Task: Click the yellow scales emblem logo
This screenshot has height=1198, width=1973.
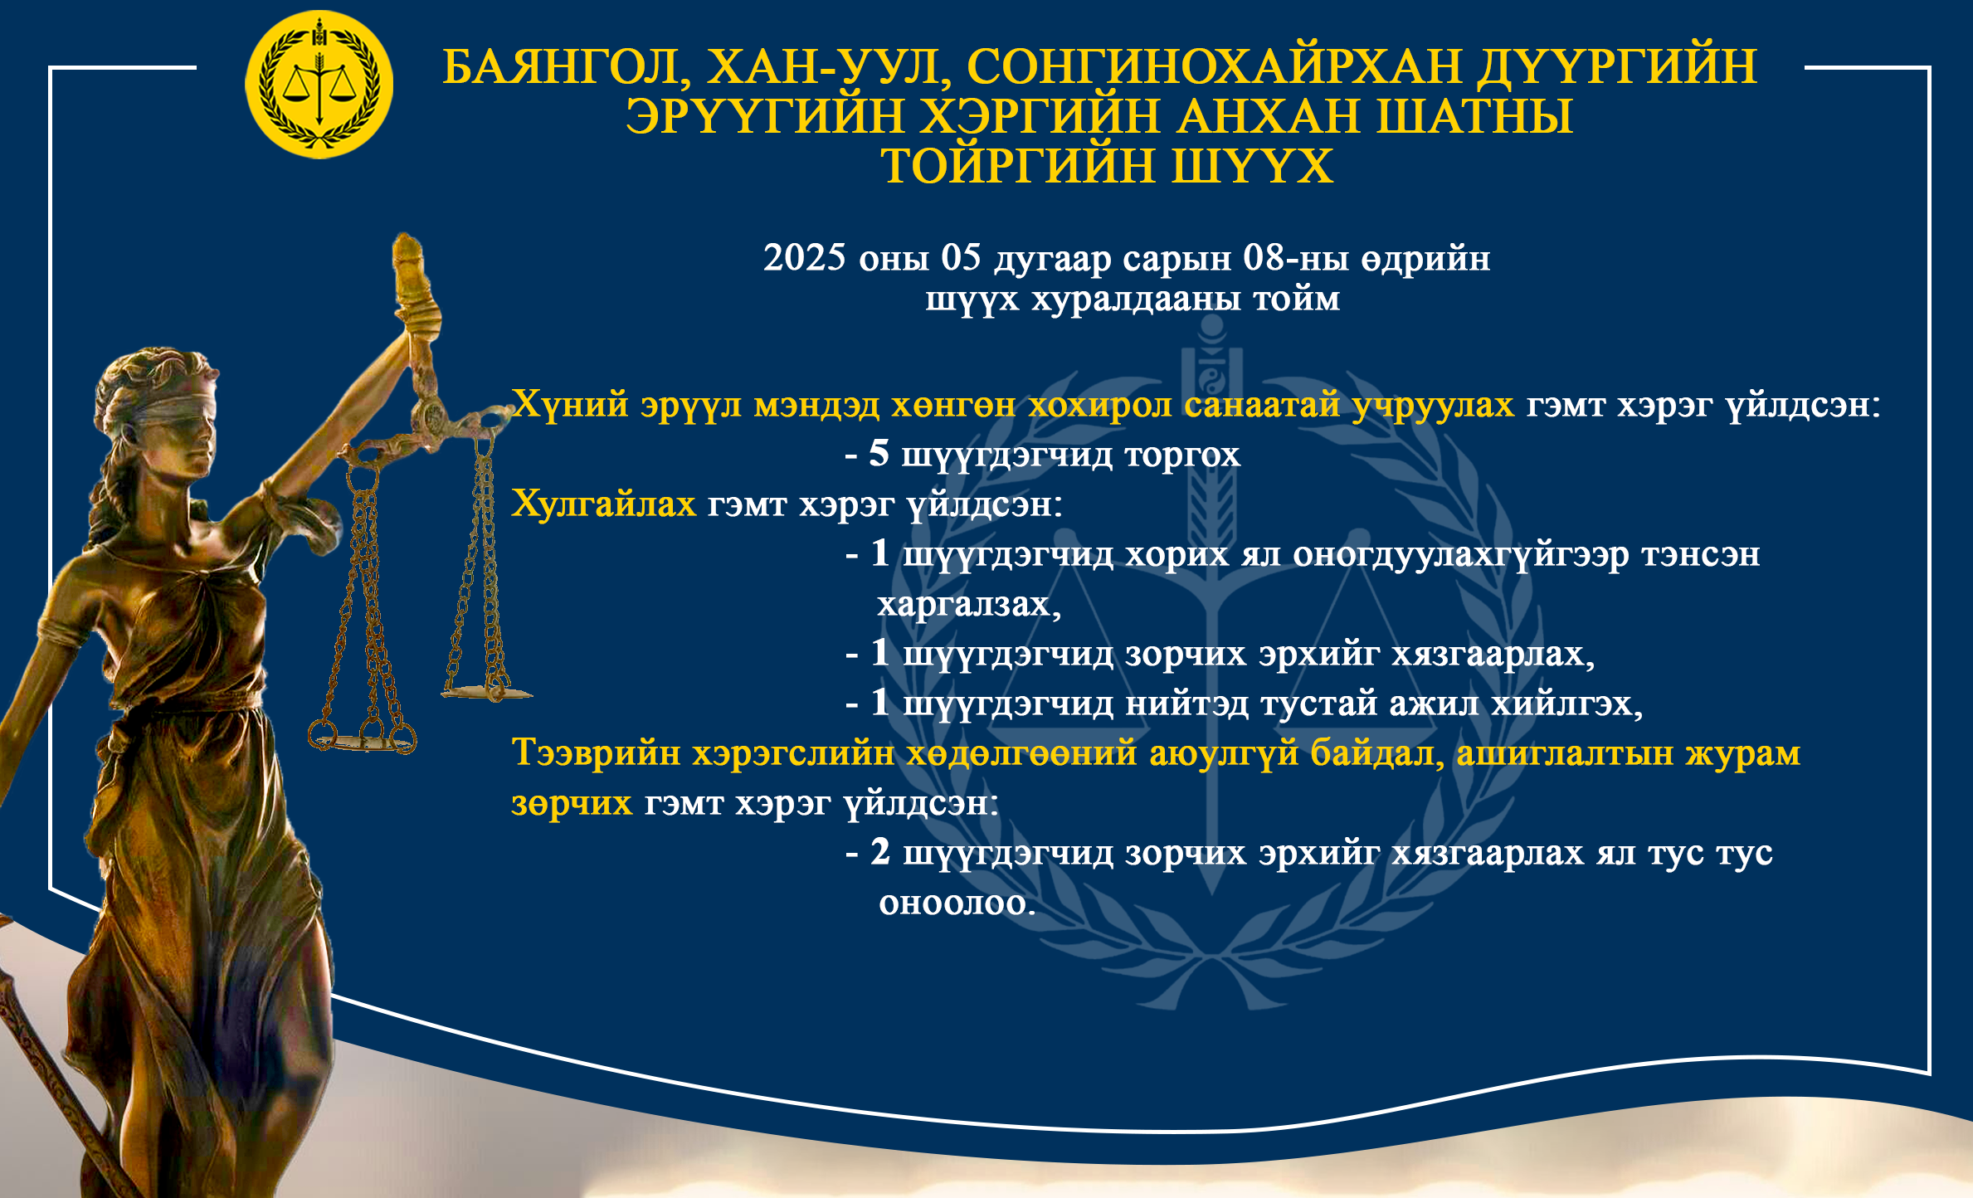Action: (x=319, y=84)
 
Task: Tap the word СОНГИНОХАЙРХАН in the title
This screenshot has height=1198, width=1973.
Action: (x=1214, y=66)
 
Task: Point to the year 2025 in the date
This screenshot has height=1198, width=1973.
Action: (x=805, y=257)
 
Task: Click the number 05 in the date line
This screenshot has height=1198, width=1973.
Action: (x=961, y=257)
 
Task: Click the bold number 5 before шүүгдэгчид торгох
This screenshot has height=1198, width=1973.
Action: (x=879, y=453)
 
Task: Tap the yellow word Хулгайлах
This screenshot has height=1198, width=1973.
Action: (x=603, y=504)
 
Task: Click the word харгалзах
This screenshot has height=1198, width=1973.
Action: (x=969, y=604)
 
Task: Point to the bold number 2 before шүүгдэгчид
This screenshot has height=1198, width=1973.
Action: (x=880, y=851)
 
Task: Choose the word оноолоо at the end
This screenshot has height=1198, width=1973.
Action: (x=957, y=903)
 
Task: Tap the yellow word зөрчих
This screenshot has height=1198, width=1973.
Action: (x=572, y=803)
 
